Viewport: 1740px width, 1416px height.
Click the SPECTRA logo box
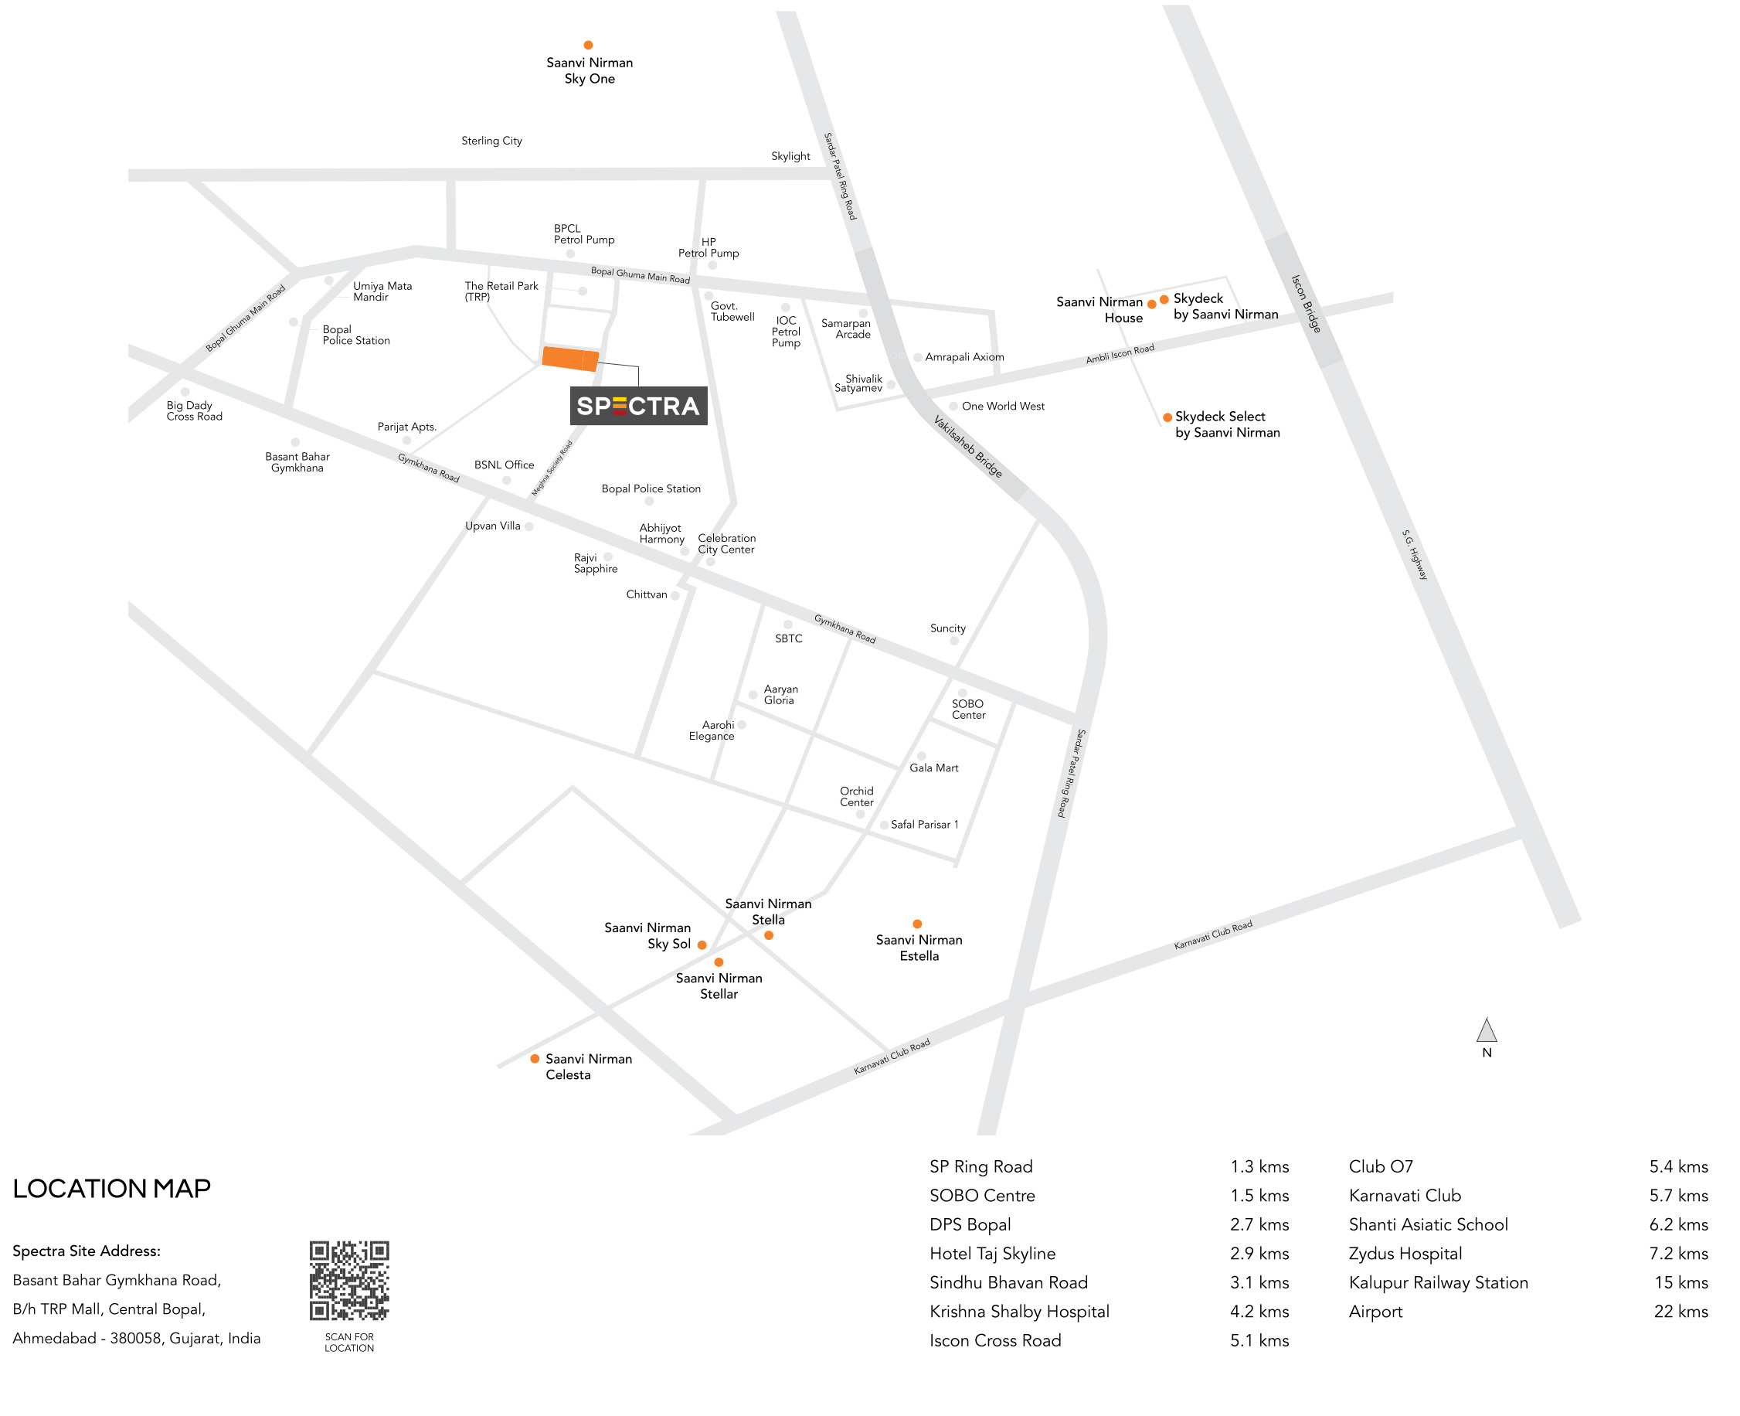pos(637,405)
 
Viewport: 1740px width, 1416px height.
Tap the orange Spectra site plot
pos(570,358)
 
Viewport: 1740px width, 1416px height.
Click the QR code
pos(349,1280)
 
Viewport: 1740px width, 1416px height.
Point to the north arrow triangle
pos(1486,1030)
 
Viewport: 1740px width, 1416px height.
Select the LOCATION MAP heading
pos(112,1188)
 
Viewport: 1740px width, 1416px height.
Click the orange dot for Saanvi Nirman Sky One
pos(588,45)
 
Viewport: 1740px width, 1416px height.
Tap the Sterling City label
pos(491,141)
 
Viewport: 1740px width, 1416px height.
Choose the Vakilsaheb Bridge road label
pos(967,445)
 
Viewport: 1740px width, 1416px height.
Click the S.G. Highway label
pos(1415,555)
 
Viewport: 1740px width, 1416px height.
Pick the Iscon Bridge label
pos(1306,304)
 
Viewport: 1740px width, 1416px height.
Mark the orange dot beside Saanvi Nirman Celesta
pos(534,1058)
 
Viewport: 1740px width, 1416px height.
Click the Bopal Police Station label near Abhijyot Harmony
pos(651,488)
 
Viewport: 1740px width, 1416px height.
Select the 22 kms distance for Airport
pos(1681,1311)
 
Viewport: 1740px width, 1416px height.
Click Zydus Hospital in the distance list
pos(1405,1253)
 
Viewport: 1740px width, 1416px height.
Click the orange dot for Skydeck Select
pos(1167,417)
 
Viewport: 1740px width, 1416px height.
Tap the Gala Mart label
pos(933,768)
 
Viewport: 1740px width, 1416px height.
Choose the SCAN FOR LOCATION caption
pos(349,1342)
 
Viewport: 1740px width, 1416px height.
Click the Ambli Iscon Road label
pos(1120,354)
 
